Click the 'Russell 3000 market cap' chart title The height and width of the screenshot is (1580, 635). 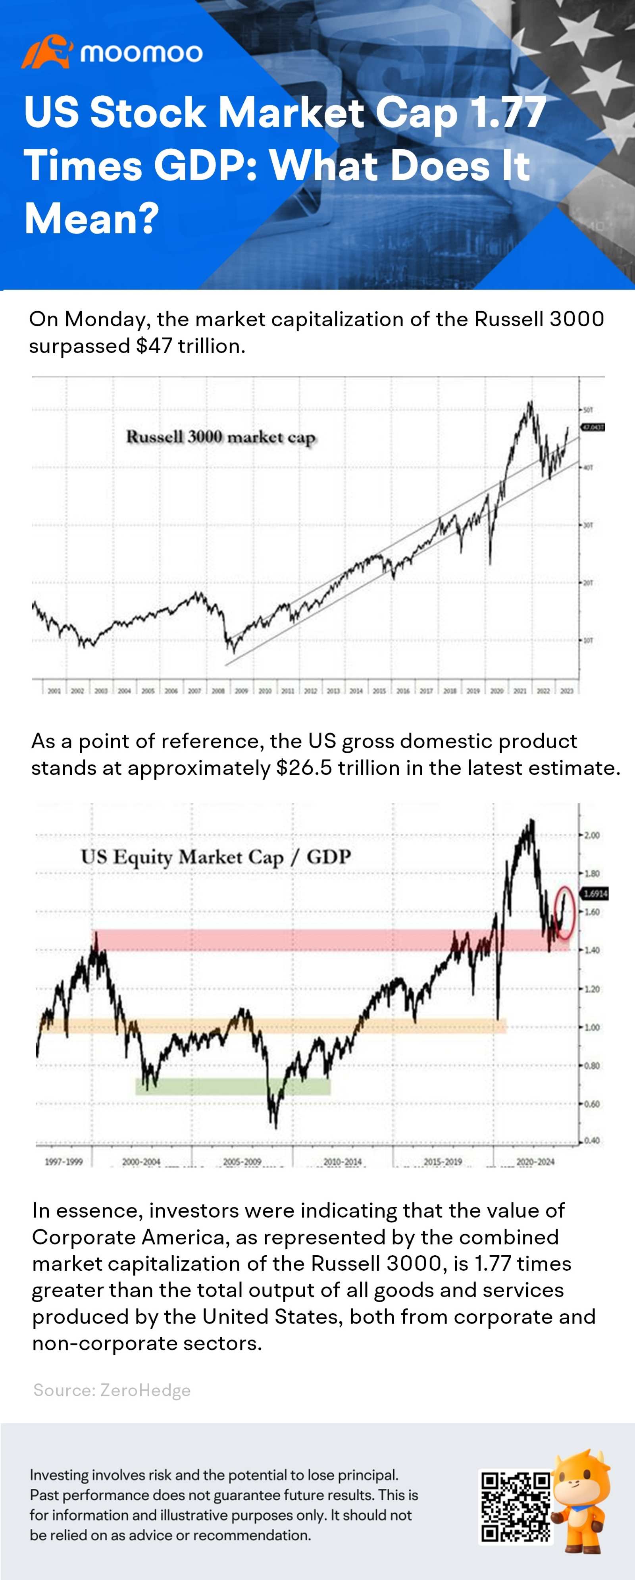221,437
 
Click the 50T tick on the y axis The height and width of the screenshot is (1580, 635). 587,409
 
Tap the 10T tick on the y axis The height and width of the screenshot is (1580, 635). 587,640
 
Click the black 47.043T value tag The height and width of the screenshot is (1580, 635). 593,427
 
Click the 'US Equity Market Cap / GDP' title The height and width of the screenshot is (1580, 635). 216,856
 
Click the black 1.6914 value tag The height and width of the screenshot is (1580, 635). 595,894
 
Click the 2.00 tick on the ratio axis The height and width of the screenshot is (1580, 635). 591,835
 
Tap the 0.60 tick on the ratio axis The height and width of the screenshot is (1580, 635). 591,1104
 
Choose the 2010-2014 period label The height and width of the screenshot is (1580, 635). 343,1162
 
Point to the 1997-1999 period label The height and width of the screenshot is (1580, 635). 64,1162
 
